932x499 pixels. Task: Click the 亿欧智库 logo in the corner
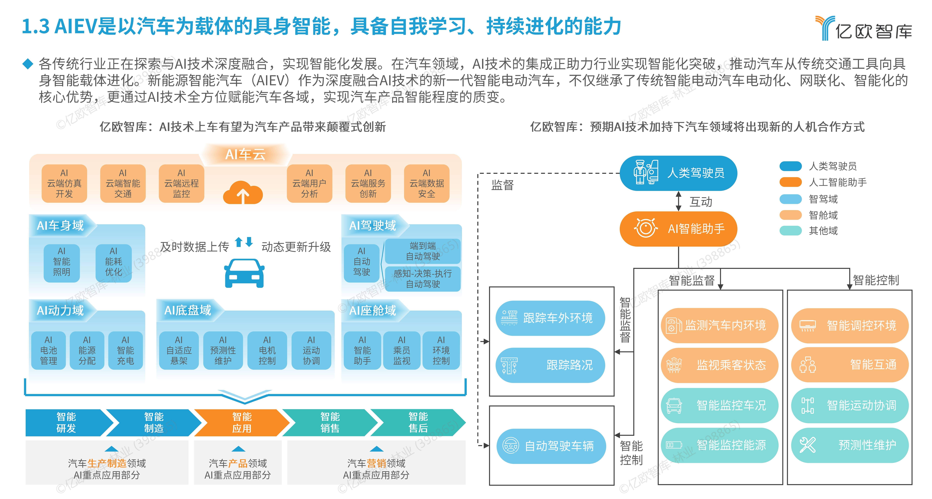(863, 28)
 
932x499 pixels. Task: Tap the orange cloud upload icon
(243, 193)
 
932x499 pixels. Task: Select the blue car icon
(244, 273)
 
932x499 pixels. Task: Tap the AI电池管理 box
(49, 350)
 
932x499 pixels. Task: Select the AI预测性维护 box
(223, 350)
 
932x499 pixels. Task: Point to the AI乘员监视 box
(402, 350)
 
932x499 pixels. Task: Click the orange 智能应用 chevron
(242, 422)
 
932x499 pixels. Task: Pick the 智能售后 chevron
(418, 422)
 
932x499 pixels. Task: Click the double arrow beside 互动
(679, 201)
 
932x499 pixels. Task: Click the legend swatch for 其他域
(791, 231)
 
